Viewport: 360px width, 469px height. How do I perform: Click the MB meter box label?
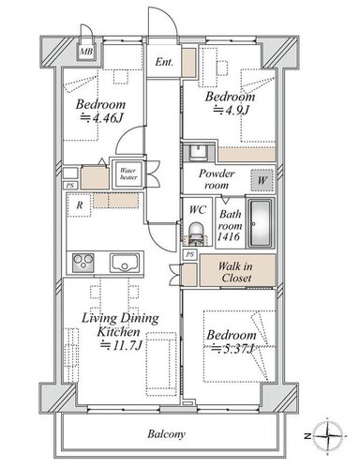[86, 52]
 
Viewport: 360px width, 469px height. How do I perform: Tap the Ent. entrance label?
[164, 62]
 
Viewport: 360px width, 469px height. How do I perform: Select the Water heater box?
[128, 174]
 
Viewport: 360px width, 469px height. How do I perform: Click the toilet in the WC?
[197, 232]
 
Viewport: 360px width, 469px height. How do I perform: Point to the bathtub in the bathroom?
[260, 222]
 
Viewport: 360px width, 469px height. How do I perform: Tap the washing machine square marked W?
[262, 180]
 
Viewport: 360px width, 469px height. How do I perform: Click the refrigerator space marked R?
[79, 205]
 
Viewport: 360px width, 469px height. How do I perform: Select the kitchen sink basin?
[125, 264]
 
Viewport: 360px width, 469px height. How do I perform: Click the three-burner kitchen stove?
[82, 263]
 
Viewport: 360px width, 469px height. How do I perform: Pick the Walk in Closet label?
[236, 272]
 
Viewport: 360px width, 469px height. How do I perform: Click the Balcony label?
[166, 434]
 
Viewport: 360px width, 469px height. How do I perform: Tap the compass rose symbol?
[327, 435]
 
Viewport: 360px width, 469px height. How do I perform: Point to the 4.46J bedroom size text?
[102, 118]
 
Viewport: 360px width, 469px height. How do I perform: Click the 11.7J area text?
[121, 345]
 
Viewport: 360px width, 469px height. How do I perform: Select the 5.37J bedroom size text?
[232, 348]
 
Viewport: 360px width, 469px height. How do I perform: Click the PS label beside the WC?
[189, 254]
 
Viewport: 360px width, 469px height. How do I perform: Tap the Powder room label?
[217, 179]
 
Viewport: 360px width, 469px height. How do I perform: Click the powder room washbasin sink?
[197, 152]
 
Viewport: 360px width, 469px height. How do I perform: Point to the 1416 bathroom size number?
[229, 236]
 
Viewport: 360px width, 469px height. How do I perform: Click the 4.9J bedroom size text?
[231, 110]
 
